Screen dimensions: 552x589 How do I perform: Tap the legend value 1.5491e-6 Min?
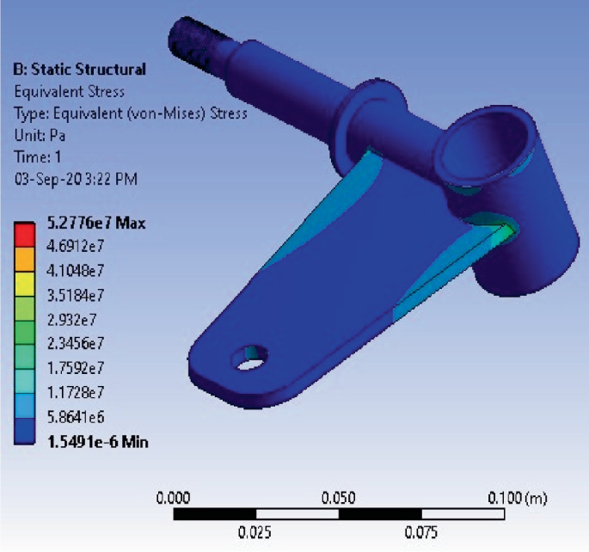(x=100, y=441)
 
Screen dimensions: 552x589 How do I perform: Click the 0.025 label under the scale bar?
(x=255, y=532)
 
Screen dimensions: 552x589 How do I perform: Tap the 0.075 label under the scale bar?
(x=421, y=532)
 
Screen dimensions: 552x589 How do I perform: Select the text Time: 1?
(x=37, y=156)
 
